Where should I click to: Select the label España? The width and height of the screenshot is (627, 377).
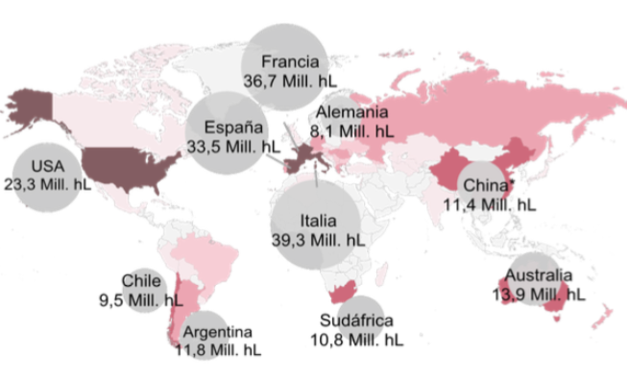(x=227, y=128)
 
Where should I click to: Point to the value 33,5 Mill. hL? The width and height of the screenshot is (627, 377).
(x=227, y=145)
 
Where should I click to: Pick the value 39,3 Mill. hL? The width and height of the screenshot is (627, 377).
(x=316, y=239)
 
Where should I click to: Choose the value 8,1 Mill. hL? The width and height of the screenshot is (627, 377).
(x=351, y=128)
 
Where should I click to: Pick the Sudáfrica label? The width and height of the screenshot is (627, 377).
(x=357, y=322)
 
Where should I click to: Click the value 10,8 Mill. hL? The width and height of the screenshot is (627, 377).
(x=357, y=340)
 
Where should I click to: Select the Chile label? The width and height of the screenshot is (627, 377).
(x=141, y=281)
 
